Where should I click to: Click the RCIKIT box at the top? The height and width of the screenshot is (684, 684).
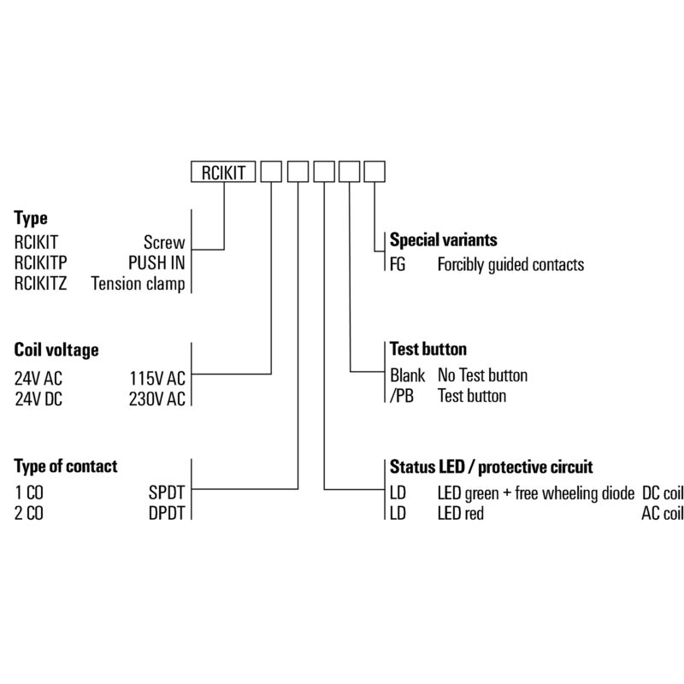(223, 172)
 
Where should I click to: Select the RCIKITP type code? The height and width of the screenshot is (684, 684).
(40, 263)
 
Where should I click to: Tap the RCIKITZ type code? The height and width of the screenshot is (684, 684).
(40, 284)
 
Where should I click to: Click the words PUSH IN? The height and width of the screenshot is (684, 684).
(156, 263)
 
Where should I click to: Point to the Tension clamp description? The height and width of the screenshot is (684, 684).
(138, 284)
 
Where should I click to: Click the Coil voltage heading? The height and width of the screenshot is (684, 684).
(56, 350)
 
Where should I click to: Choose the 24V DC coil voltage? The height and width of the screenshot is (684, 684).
(38, 399)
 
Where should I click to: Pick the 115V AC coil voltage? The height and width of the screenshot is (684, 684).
(157, 379)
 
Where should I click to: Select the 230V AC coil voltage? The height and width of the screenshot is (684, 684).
(157, 399)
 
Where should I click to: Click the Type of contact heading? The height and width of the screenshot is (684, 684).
(66, 466)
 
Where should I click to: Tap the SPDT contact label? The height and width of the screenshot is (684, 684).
(167, 493)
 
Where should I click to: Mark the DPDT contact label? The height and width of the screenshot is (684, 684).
(167, 514)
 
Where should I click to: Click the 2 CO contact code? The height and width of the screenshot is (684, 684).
(29, 514)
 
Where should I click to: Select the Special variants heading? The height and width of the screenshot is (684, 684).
(443, 240)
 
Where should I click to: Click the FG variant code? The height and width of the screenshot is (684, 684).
(398, 264)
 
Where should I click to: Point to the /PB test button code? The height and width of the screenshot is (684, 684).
(402, 396)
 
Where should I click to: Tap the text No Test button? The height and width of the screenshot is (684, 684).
(482, 375)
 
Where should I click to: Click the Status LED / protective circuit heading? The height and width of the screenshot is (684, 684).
(491, 467)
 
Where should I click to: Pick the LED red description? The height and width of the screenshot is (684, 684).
(461, 514)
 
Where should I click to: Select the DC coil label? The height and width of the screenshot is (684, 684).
(663, 493)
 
